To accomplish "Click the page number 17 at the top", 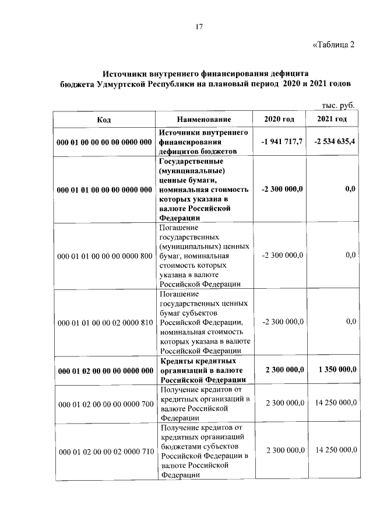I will click(x=199, y=26).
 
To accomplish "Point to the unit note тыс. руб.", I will click(x=339, y=105).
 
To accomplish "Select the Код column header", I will click(x=104, y=120).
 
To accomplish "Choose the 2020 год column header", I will click(x=279, y=120).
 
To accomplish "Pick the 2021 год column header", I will click(x=332, y=120).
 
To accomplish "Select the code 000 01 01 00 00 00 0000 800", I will click(x=104, y=256).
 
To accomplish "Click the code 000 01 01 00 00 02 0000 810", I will click(x=104, y=322).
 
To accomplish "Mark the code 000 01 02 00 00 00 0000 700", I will click(x=104, y=403).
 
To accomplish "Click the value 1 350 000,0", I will click(x=337, y=370).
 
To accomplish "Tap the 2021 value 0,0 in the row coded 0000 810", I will click(x=350, y=321).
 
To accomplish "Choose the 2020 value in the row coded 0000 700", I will click(x=284, y=403).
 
